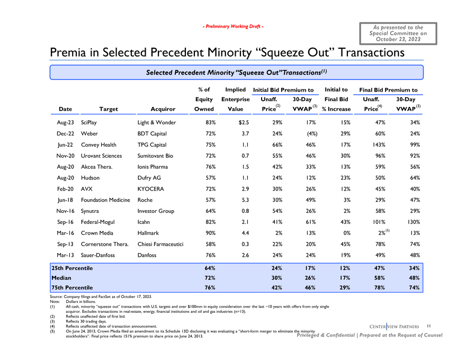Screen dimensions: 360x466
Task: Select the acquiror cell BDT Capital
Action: pyautogui.click(x=152, y=133)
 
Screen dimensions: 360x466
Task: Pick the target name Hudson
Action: pyautogui.click(x=90, y=178)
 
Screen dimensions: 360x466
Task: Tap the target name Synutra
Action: pyautogui.click(x=91, y=211)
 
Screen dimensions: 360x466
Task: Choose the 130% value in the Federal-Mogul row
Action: pyautogui.click(x=411, y=222)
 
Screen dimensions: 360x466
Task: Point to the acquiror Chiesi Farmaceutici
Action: pyautogui.click(x=161, y=245)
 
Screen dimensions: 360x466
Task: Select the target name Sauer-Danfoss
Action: pyautogui.click(x=98, y=256)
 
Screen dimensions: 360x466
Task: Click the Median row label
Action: pyautogui.click(x=61, y=278)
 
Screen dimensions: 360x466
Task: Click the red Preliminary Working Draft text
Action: pyautogui.click(x=233, y=27)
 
